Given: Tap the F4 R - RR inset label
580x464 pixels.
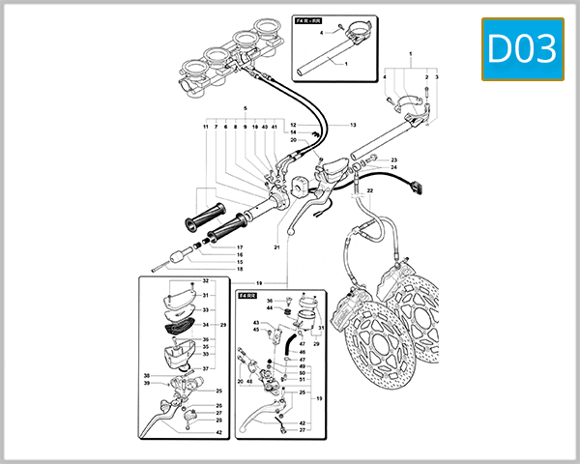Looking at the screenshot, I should click(312, 19).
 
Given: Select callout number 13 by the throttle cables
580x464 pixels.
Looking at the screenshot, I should click(353, 125).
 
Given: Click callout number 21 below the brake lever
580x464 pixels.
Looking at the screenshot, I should click(275, 246).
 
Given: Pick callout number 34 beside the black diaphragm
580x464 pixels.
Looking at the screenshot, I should click(205, 324).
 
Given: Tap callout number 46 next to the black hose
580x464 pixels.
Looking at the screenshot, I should click(302, 352).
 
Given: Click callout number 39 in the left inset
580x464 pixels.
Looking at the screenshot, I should click(147, 384).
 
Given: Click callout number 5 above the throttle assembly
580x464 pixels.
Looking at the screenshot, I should click(246, 106).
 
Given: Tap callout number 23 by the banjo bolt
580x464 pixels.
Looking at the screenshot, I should click(394, 159).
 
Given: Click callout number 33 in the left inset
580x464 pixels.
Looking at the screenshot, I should click(205, 309).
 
